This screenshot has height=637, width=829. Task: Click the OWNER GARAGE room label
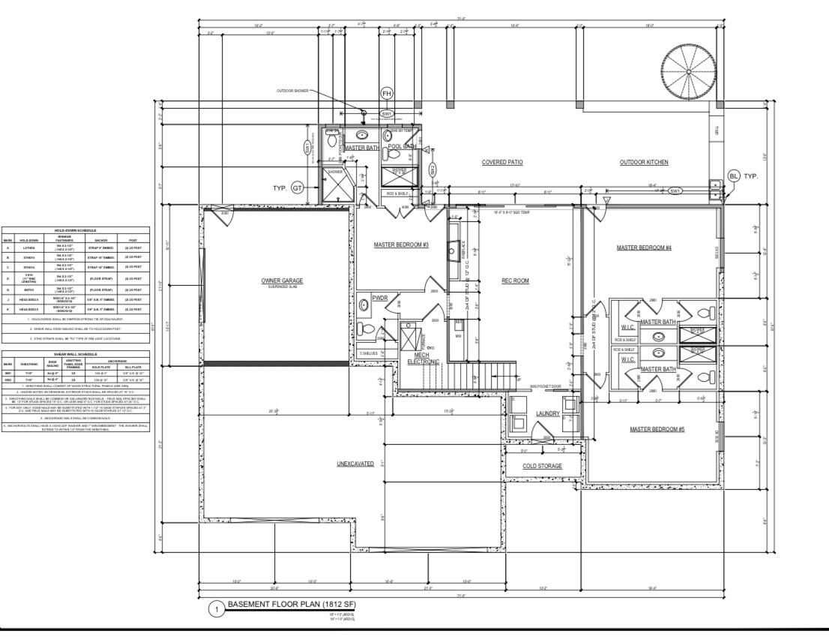pyautogui.click(x=282, y=281)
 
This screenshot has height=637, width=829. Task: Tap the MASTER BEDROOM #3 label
pyautogui.click(x=401, y=245)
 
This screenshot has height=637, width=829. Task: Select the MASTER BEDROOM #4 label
pyautogui.click(x=644, y=248)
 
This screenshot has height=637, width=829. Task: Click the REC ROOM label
pyautogui.click(x=515, y=281)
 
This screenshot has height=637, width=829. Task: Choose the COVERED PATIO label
pyautogui.click(x=501, y=162)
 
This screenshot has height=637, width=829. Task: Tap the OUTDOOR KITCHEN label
pyautogui.click(x=644, y=162)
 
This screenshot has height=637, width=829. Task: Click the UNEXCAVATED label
pyautogui.click(x=355, y=464)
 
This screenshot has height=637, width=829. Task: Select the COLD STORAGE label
pyautogui.click(x=542, y=466)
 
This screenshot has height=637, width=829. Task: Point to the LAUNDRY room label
pyautogui.click(x=548, y=414)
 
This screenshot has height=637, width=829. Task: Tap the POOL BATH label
pyautogui.click(x=401, y=146)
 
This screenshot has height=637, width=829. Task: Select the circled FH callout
pyautogui.click(x=387, y=94)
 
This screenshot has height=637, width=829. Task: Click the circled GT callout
pyautogui.click(x=298, y=188)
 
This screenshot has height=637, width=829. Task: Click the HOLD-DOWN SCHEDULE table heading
pyautogui.click(x=76, y=230)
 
